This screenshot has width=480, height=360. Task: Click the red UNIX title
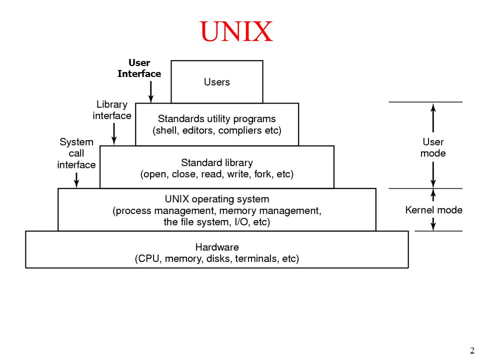point(236,31)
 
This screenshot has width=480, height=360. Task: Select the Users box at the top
point(216,81)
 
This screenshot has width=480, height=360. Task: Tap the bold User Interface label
point(139,68)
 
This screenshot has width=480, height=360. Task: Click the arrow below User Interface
point(150,91)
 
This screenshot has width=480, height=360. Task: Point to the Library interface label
point(112,110)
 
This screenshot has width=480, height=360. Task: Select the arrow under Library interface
point(114,133)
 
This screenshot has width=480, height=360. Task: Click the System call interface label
point(76,153)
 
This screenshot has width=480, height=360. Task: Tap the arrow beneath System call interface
point(76,179)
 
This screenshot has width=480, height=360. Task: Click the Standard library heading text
point(216,162)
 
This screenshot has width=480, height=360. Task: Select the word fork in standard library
point(262,174)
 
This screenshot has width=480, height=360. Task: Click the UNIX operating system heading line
point(216,199)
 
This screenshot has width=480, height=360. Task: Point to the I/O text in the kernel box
point(241,221)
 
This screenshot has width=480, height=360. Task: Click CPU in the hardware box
point(149,258)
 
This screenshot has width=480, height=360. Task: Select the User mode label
point(433,147)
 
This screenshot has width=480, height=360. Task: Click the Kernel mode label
point(433,209)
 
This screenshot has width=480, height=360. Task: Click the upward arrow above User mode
point(433,118)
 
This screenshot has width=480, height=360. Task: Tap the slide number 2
point(471,350)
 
